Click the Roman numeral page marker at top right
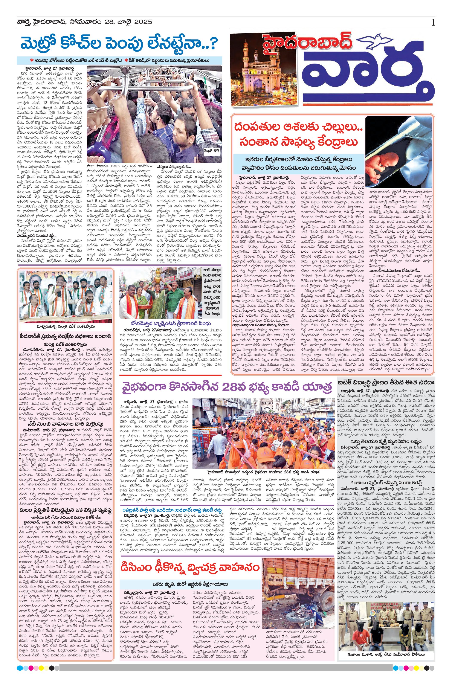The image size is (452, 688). (433, 22)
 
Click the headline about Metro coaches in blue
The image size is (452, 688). (119, 43)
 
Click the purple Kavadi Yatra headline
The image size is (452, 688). (226, 387)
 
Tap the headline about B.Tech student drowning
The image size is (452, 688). (386, 382)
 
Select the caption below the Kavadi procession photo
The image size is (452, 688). (263, 472)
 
